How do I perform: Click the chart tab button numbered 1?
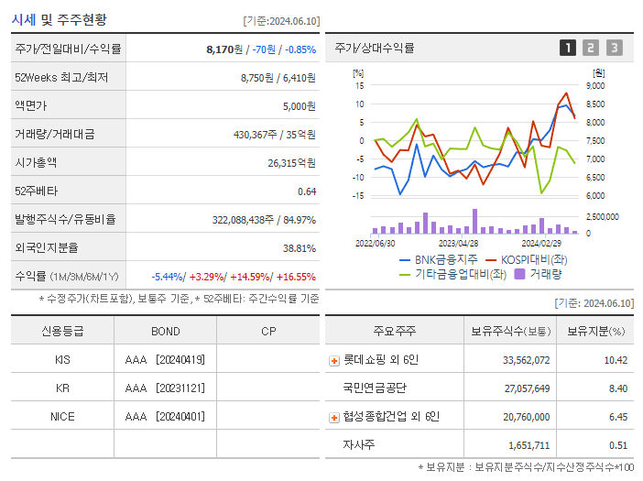coord(568,48)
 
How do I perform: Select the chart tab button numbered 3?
coord(614,48)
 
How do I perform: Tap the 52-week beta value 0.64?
coord(306,191)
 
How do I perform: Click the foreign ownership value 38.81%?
coord(299,247)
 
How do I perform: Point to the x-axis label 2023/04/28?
coord(458,244)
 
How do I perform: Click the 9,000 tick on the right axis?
coord(594,85)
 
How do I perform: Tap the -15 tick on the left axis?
coord(358,195)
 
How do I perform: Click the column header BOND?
coord(165,331)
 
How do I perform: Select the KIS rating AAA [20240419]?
coord(165,360)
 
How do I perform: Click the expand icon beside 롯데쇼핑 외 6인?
coord(333,360)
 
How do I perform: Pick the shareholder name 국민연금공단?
coord(374,388)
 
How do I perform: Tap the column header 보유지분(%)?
coord(595,331)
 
